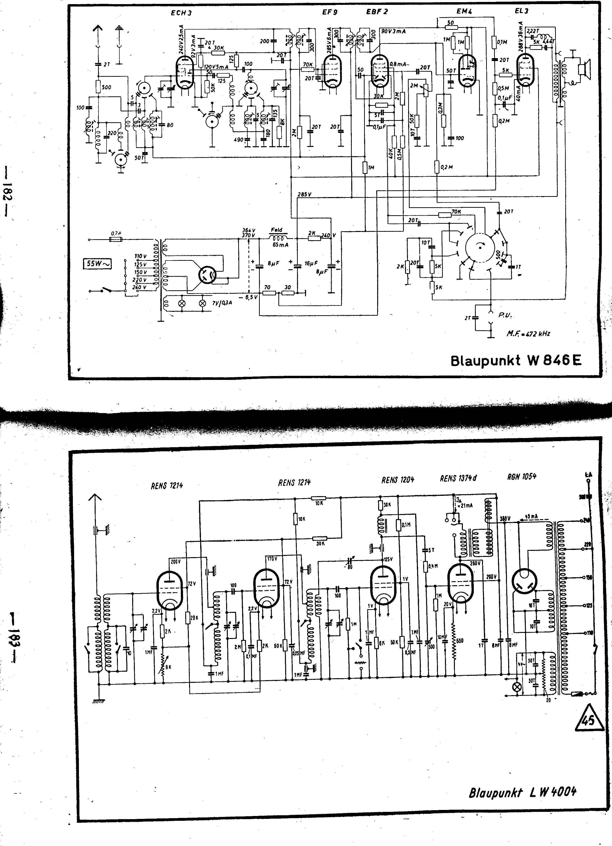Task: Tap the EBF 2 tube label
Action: click(377, 12)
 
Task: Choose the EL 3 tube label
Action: click(521, 11)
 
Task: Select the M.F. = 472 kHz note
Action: click(528, 334)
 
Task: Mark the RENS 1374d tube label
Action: click(458, 478)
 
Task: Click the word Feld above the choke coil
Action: click(276, 230)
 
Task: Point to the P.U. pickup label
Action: click(505, 315)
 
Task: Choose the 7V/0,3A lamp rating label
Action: click(222, 303)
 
